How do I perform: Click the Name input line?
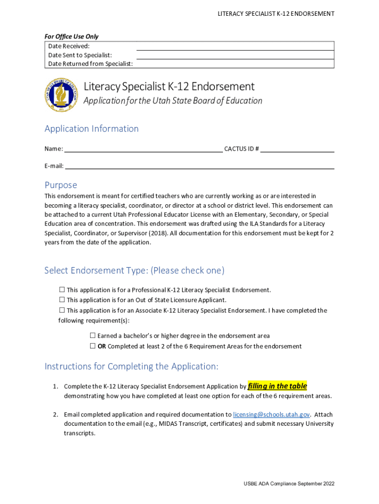click(x=143, y=149)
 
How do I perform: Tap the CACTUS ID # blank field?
click(x=297, y=149)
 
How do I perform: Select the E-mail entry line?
click(x=199, y=166)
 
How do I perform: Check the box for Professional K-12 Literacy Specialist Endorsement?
click(x=62, y=290)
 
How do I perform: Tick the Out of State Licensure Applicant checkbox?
click(x=62, y=300)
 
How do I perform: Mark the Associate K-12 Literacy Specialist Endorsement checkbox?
click(x=62, y=311)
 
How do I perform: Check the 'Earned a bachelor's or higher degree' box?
click(x=93, y=336)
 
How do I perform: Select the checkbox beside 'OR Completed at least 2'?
click(x=93, y=346)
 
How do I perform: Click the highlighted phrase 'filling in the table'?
click(x=277, y=386)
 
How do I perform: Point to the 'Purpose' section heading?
click(x=61, y=185)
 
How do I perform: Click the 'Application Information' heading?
click(x=92, y=129)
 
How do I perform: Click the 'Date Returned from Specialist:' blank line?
click(x=235, y=64)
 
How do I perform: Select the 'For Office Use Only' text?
click(x=71, y=36)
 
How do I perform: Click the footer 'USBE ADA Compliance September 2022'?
click(x=289, y=484)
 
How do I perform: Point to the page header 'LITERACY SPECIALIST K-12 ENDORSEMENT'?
click(x=276, y=14)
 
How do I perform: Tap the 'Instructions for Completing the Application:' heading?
click(x=131, y=367)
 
